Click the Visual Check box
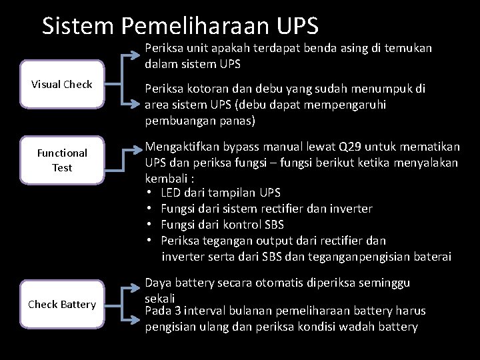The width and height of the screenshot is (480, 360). point(62,85)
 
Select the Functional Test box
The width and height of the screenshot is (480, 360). point(62,160)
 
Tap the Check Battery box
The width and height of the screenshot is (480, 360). point(62,305)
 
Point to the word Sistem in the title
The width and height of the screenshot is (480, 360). point(79,26)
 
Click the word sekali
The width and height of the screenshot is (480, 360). point(160,297)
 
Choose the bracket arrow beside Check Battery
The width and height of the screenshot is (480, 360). point(125,303)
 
